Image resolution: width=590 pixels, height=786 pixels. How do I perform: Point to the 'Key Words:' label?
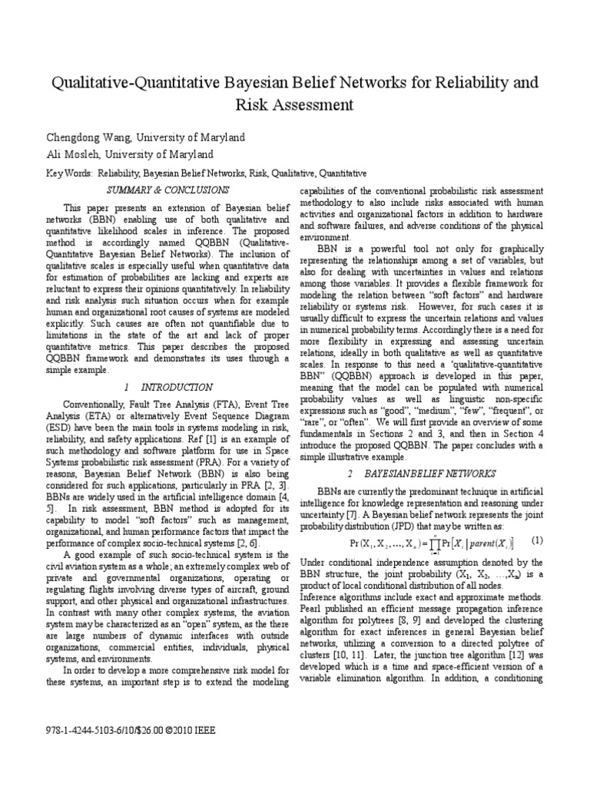point(68,174)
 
